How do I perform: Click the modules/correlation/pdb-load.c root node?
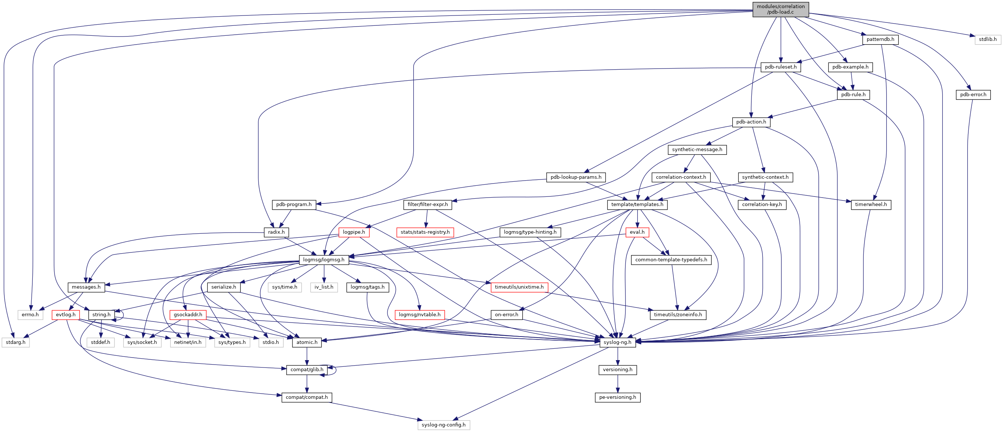[x=780, y=9]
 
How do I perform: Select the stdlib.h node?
[x=988, y=39]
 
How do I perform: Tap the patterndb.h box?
[x=880, y=39]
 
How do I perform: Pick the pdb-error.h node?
[x=973, y=95]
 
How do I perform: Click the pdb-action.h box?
[x=751, y=122]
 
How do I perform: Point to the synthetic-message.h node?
[x=697, y=150]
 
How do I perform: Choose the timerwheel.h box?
[x=871, y=205]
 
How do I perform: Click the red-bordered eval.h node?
[x=637, y=232]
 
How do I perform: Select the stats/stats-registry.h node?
[x=425, y=232]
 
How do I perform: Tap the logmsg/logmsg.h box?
[x=323, y=259]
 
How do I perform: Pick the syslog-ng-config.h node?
[x=443, y=425]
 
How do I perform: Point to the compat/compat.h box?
[x=306, y=397]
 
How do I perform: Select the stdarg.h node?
[x=15, y=342]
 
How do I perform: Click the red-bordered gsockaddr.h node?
[x=188, y=315]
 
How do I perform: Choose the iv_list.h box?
[x=323, y=287]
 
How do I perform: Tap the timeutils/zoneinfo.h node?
[x=677, y=315]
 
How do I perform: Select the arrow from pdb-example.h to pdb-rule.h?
[x=852, y=81]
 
